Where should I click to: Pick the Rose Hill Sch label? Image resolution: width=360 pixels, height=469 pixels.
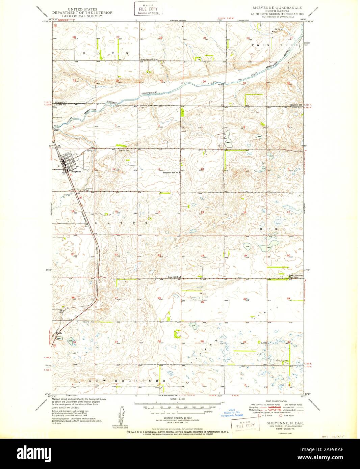[175, 277]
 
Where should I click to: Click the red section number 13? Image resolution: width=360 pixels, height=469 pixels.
[202, 212]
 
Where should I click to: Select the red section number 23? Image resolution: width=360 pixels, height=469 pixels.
[159, 255]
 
